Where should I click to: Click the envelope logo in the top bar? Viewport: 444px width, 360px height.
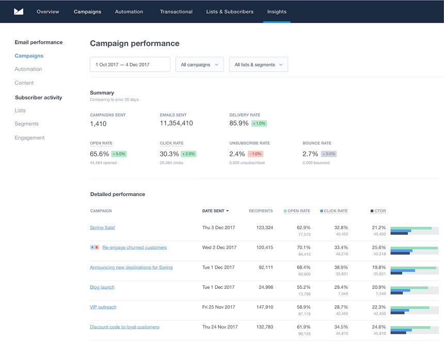(19, 11)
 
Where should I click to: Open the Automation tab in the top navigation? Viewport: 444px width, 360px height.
(129, 11)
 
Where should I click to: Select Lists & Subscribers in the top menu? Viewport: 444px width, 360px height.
(230, 11)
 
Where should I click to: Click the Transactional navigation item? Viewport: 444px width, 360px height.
(176, 11)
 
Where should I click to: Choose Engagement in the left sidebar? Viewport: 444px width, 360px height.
(29, 138)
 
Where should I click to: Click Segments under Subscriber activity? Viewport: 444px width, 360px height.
(27, 124)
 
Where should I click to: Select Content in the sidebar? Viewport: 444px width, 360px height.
(24, 83)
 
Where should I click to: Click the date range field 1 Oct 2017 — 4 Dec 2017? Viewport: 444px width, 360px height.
(130, 64)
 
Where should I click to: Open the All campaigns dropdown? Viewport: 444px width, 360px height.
(199, 64)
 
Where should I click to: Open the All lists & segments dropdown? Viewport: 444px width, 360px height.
(258, 64)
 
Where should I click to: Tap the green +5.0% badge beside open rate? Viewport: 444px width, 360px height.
(118, 154)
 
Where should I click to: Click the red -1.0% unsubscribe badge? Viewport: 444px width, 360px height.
(256, 154)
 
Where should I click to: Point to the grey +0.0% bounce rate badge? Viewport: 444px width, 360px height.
(328, 154)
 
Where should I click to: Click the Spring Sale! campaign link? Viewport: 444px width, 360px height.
(102, 227)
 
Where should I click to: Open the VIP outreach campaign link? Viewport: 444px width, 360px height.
(103, 307)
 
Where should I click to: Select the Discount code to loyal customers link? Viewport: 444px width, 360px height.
(124, 327)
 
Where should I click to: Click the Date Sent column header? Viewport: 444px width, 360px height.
(215, 211)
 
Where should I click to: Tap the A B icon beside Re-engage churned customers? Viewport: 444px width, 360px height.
(94, 248)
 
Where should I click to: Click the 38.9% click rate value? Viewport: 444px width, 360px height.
(341, 267)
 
